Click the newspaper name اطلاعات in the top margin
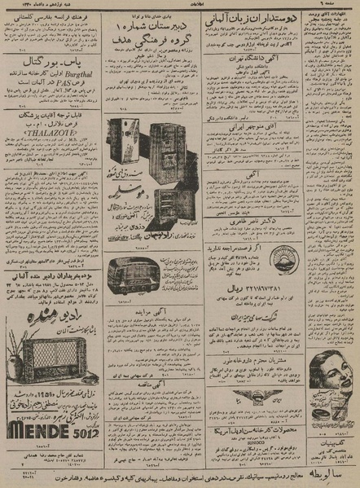pos(184,6)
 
